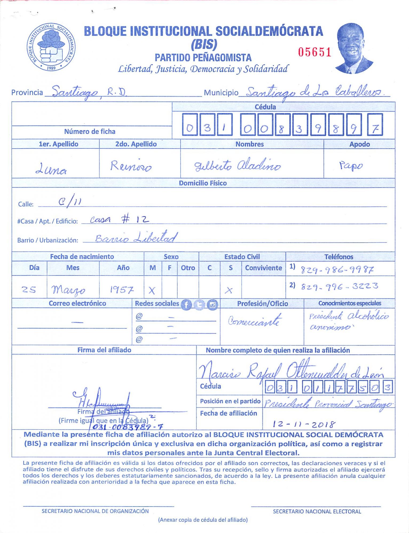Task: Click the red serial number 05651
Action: click(314, 52)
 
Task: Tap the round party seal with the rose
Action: click(51, 47)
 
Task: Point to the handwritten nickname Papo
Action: click(351, 166)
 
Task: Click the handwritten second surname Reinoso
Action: click(131, 166)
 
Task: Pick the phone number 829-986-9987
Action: click(337, 270)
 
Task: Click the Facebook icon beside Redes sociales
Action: click(186, 305)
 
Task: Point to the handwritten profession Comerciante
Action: click(254, 321)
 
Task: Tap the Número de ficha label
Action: click(90, 131)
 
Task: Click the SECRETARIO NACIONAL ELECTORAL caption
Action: click(317, 511)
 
